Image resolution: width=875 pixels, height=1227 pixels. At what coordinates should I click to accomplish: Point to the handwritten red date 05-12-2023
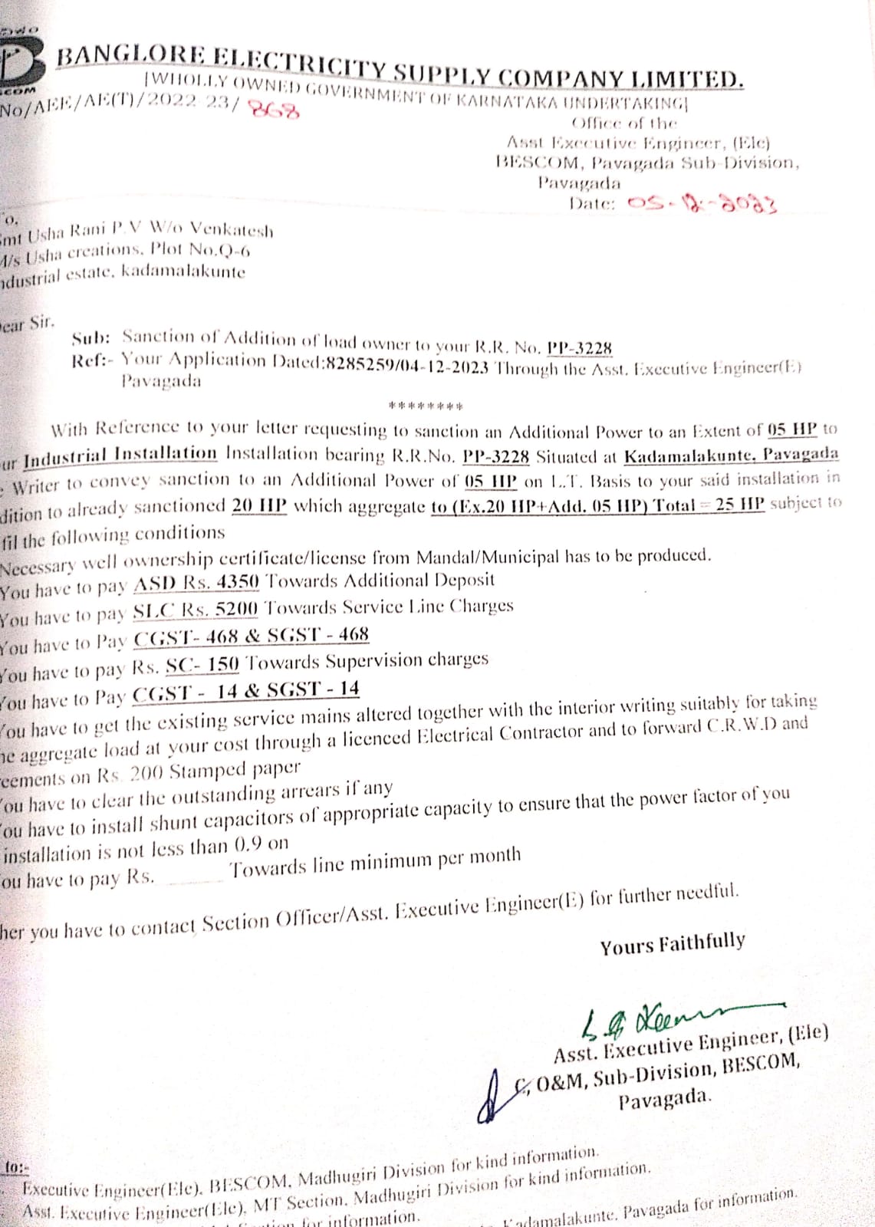point(701,204)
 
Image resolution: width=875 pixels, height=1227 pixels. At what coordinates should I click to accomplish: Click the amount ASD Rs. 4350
point(196,583)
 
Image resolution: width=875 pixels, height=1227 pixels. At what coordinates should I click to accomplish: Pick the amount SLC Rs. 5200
point(196,610)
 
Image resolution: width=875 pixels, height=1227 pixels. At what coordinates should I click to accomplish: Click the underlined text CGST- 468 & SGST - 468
point(252,637)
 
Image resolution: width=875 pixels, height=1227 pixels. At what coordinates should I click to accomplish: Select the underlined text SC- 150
point(202,663)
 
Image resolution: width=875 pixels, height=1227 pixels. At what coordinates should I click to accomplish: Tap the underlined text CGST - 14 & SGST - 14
point(246,691)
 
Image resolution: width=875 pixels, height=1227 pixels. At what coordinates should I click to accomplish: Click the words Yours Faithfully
point(672,944)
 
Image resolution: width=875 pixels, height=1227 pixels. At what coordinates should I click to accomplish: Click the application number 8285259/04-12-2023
point(407,367)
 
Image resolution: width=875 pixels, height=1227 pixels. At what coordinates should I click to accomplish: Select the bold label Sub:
point(91,337)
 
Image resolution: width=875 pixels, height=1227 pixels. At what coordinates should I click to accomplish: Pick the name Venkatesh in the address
point(231,229)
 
